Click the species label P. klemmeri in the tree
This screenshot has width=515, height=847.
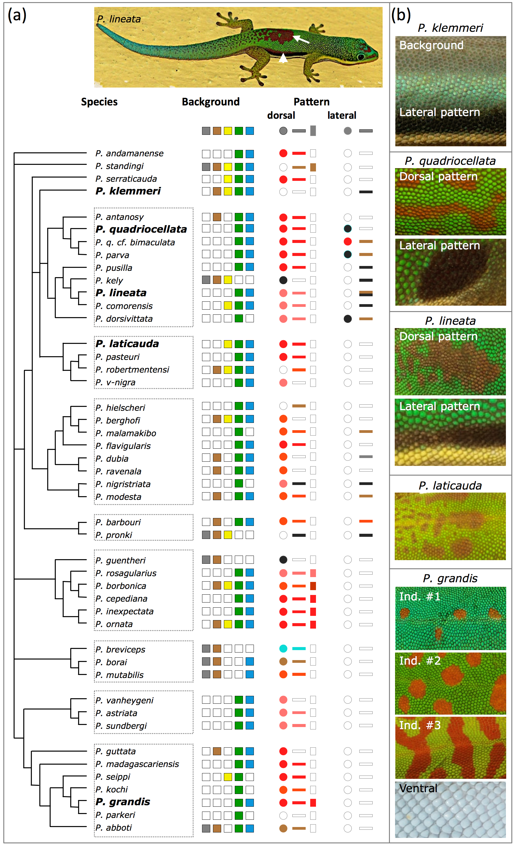tap(128, 191)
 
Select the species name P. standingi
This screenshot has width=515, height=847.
tap(119, 166)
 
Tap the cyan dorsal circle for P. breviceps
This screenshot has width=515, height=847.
tap(283, 649)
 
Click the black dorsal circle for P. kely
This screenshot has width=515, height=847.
tap(283, 280)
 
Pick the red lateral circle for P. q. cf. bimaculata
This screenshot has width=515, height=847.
tap(347, 241)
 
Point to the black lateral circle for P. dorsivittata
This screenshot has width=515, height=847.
tap(347, 319)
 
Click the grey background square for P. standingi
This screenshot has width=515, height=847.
tap(206, 167)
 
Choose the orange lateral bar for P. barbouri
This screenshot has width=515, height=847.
tap(366, 521)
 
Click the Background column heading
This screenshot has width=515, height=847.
tap(211, 102)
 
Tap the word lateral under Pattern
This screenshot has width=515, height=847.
tap(342, 115)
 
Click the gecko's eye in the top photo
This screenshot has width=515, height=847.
tap(360, 56)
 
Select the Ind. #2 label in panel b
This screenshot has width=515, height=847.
tap(420, 661)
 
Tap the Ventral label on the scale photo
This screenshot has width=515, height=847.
tap(418, 788)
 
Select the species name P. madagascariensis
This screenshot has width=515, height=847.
tap(137, 764)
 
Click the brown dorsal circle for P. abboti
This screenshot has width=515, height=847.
tap(283, 829)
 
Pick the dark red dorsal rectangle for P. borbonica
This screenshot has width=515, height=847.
tap(313, 586)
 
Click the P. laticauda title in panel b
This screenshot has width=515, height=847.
tap(450, 486)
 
